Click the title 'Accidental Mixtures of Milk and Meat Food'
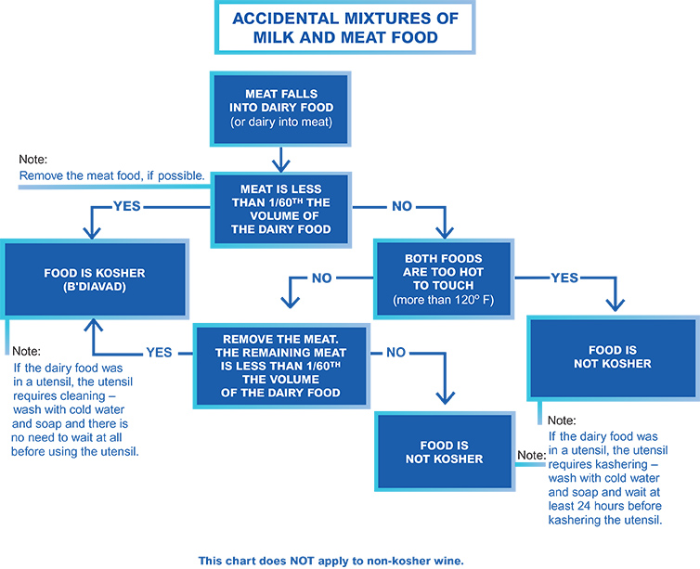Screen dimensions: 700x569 pyautogui.click(x=345, y=28)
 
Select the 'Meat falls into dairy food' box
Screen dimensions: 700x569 pyautogui.click(x=280, y=109)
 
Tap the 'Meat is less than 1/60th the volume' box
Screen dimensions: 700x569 pyautogui.click(x=280, y=209)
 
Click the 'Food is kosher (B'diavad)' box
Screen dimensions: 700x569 pyautogui.click(x=95, y=279)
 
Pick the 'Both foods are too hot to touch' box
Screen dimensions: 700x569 pyautogui.click(x=444, y=278)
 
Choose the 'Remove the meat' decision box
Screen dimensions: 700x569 pyautogui.click(x=281, y=366)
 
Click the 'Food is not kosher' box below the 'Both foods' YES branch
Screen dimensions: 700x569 pyautogui.click(x=613, y=357)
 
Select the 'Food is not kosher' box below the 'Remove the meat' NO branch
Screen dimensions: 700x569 pyautogui.click(x=445, y=452)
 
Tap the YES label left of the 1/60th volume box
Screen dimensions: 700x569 pyautogui.click(x=127, y=206)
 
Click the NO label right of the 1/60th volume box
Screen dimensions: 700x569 pyautogui.click(x=402, y=206)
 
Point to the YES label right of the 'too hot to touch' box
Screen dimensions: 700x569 pyautogui.click(x=564, y=278)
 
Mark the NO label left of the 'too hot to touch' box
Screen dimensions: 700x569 pyautogui.click(x=322, y=278)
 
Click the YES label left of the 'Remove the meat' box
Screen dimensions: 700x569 pyautogui.click(x=159, y=353)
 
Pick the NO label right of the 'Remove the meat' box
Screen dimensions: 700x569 pyautogui.click(x=396, y=353)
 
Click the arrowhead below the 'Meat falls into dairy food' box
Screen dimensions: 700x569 pyautogui.click(x=280, y=165)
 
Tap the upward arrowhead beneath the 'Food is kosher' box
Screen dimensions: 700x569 pyautogui.click(x=94, y=325)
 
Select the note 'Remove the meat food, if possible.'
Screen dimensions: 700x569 pyautogui.click(x=111, y=175)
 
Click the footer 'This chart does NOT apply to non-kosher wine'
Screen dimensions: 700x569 pyautogui.click(x=331, y=561)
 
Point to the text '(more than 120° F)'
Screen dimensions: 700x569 pyautogui.click(x=444, y=300)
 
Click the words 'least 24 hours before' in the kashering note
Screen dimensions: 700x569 pyautogui.click(x=605, y=506)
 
